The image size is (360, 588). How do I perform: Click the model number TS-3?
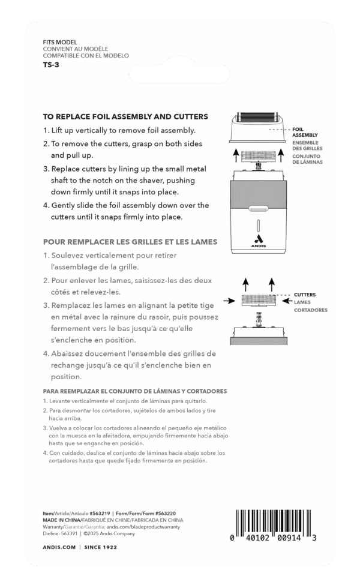(x=51, y=64)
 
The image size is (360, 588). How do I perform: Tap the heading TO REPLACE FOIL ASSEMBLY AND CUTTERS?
(x=125, y=116)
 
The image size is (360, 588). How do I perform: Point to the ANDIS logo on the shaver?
(x=258, y=245)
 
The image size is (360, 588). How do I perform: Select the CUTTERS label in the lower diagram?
(x=305, y=295)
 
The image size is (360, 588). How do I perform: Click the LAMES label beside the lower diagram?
(x=303, y=302)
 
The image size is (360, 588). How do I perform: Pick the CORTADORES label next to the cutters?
(x=311, y=310)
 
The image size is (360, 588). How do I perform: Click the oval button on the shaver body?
(x=258, y=209)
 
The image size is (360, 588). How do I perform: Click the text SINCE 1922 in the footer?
(x=99, y=547)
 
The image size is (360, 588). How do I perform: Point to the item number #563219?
(x=98, y=513)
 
